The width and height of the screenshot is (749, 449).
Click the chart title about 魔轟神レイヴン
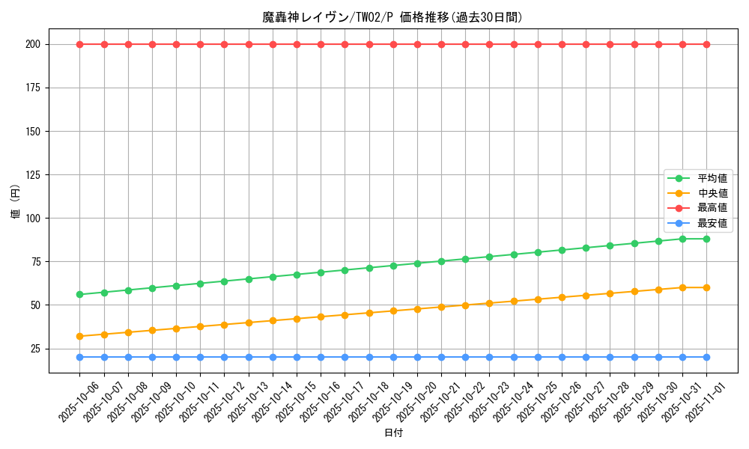[392, 17]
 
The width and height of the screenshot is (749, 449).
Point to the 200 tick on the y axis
[33, 44]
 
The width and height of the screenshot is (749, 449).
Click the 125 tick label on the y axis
[33, 175]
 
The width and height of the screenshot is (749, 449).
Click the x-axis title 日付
[393, 433]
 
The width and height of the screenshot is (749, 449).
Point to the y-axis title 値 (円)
[16, 202]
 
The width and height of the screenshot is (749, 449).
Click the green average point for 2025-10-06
[79, 294]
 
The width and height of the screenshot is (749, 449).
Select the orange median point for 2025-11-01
[707, 287]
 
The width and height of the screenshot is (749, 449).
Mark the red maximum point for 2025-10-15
[297, 44]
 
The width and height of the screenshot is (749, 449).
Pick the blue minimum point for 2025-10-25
[538, 357]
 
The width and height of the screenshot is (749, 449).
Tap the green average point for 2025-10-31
[682, 239]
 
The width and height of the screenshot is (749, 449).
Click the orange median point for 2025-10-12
[224, 325]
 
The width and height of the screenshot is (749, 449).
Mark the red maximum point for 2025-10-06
[79, 44]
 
